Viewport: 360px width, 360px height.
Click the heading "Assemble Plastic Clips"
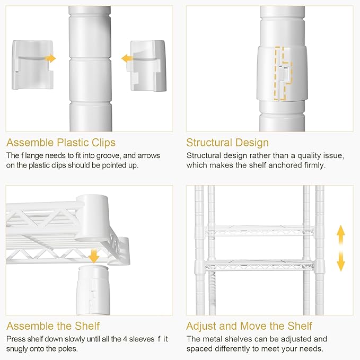pyautogui.click(x=61, y=143)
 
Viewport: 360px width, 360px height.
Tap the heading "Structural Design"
pyautogui.click(x=227, y=143)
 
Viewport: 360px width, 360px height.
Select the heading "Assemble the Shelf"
pyautogui.click(x=53, y=326)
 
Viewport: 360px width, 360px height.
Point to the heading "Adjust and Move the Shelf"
pyautogui.click(x=249, y=326)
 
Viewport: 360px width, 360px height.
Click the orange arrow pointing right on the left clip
pyautogui.click(x=50, y=58)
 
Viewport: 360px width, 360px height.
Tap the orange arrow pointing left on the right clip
pyautogui.click(x=127, y=59)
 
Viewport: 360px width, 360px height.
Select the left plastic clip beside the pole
pyautogui.click(x=32, y=65)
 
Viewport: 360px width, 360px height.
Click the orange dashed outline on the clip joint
pyautogui.click(x=283, y=74)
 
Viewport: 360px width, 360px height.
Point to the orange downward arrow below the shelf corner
pyautogui.click(x=94, y=256)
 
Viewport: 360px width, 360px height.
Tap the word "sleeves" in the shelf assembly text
pyautogui.click(x=142, y=339)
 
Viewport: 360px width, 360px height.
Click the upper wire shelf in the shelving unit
pyautogui.click(x=259, y=230)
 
